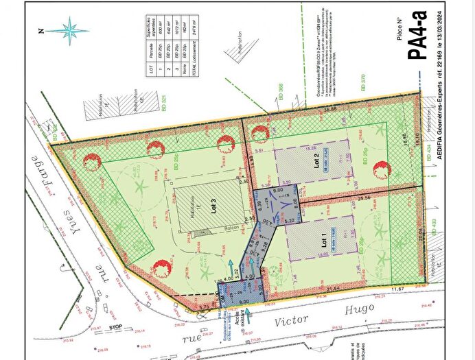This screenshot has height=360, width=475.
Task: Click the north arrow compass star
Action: [70, 29]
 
